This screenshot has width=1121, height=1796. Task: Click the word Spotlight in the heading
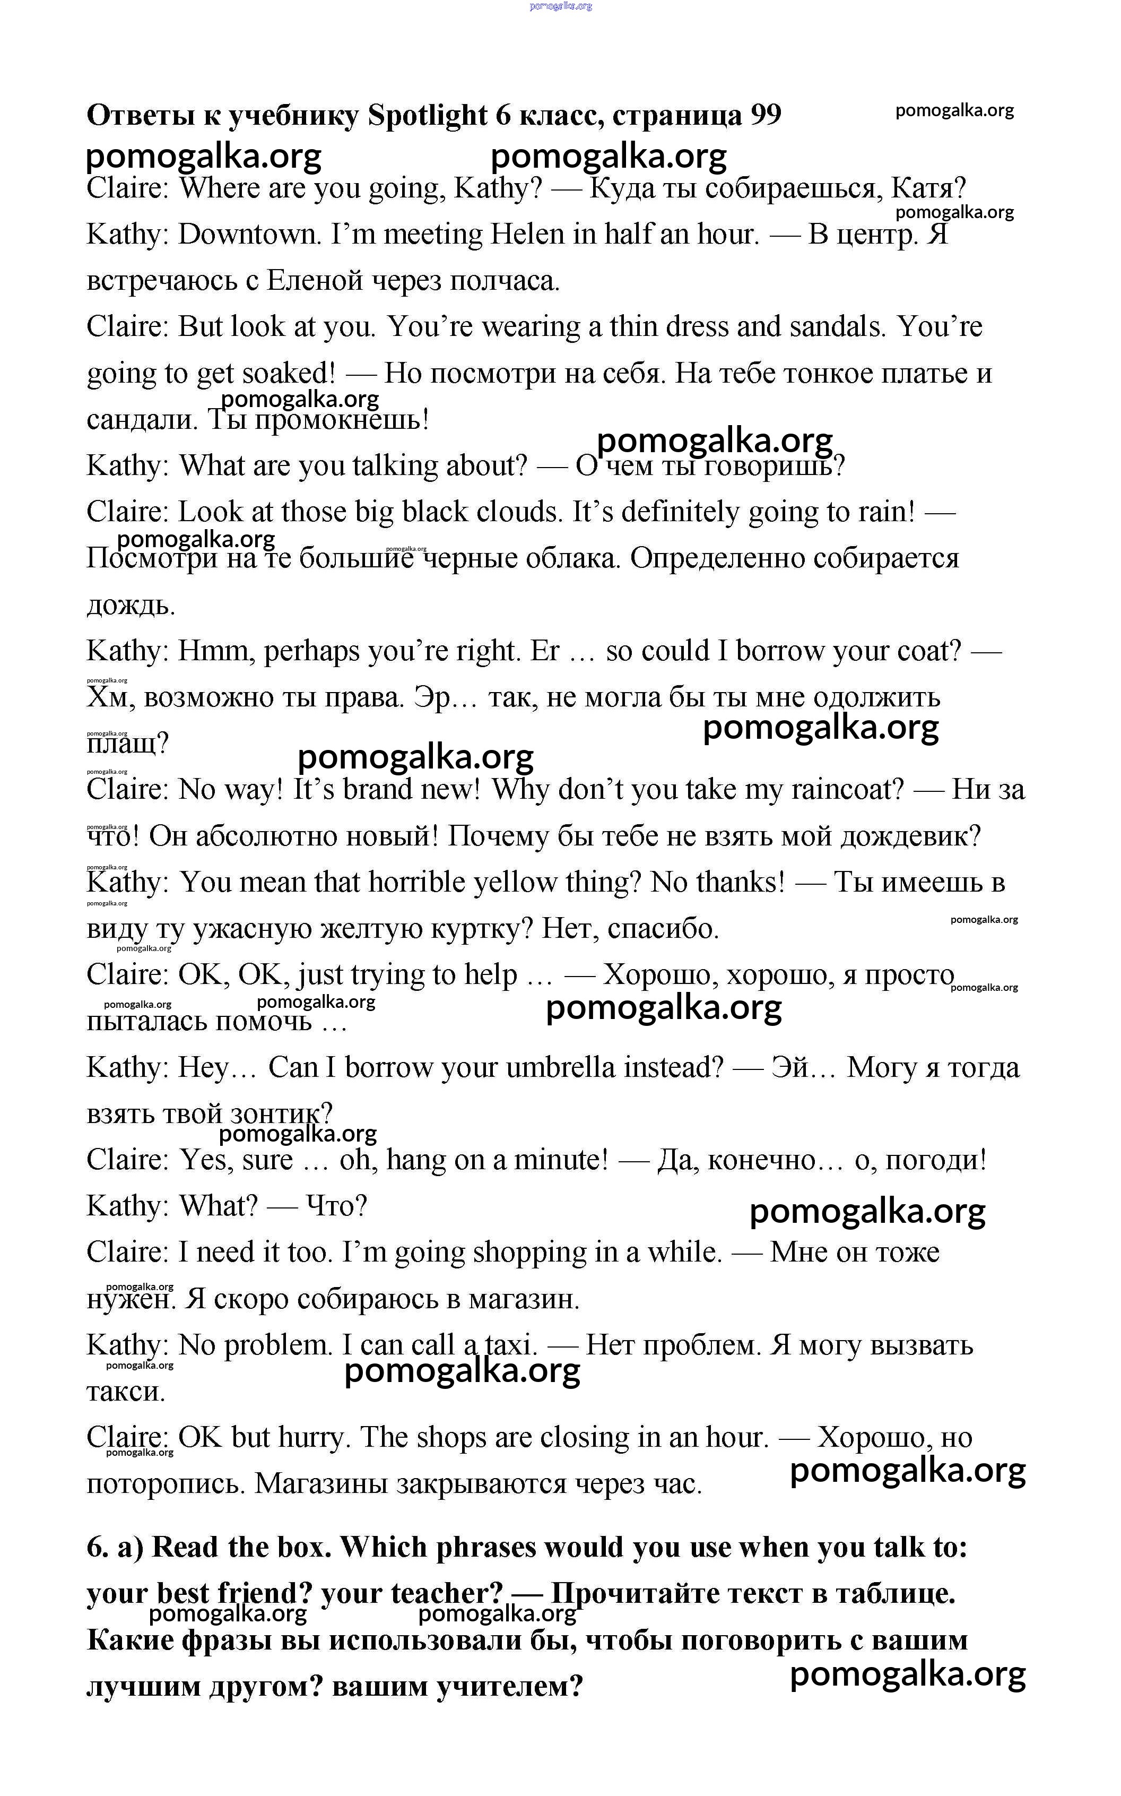coord(428,116)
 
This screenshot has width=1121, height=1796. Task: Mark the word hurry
coord(311,1438)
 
